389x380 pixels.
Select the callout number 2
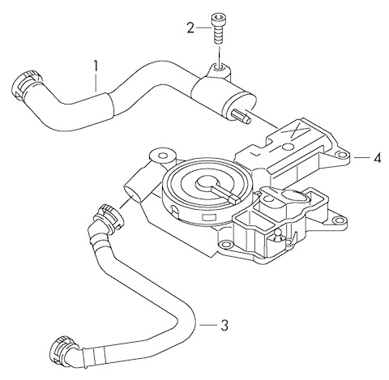190,28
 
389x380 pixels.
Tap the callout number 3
224,325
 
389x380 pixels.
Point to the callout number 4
378,158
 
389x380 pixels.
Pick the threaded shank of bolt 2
217,33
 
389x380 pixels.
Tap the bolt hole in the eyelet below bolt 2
219,66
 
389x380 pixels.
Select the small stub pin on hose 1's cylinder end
242,117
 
